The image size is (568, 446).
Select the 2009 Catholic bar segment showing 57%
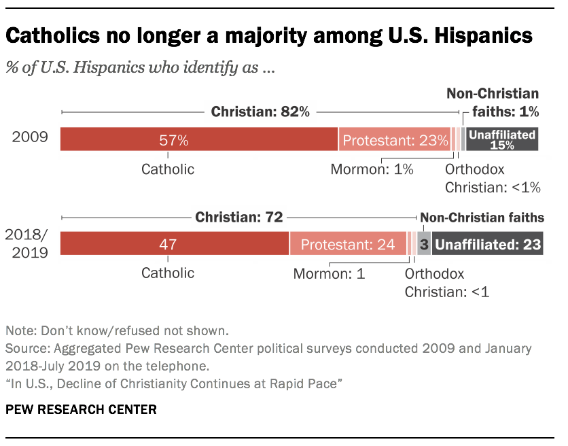[198, 139]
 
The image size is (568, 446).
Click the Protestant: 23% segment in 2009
[395, 140]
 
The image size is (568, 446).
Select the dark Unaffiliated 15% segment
[502, 139]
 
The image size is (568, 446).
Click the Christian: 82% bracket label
[260, 112]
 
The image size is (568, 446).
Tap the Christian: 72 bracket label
[239, 218]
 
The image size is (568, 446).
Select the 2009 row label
[31, 138]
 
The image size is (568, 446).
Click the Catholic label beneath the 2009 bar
[168, 169]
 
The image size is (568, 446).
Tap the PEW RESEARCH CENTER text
[81, 410]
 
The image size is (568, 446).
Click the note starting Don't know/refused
[118, 332]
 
